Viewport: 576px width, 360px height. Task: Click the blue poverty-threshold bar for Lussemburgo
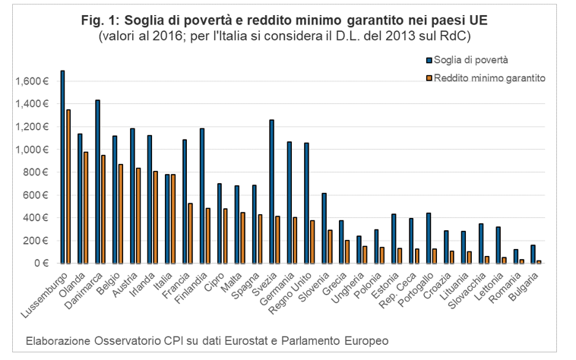click(62, 167)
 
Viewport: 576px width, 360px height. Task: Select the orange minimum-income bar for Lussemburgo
click(68, 187)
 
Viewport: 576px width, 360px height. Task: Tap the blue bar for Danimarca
click(97, 182)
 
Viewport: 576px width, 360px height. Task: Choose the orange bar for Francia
click(190, 233)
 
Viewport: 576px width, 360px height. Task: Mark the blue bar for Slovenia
click(324, 228)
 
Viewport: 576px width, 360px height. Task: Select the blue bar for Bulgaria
click(533, 254)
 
